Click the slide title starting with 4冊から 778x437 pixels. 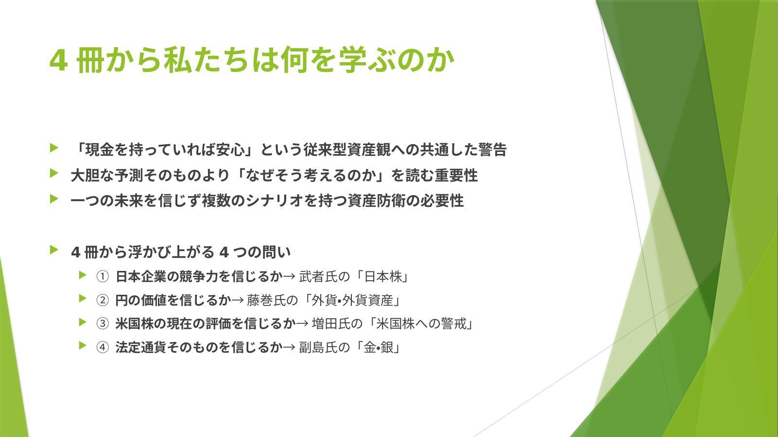pos(252,60)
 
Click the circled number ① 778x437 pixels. pos(103,277)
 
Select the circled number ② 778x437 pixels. pos(103,300)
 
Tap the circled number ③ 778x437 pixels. pos(103,323)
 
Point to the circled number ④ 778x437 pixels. pos(103,347)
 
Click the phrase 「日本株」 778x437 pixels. pos(382,277)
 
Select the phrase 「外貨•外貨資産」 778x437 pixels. pos(351,300)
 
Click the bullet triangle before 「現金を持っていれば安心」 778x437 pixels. pos(54,148)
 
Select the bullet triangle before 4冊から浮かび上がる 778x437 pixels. pos(54,250)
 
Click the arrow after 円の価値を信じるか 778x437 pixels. pos(238,301)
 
